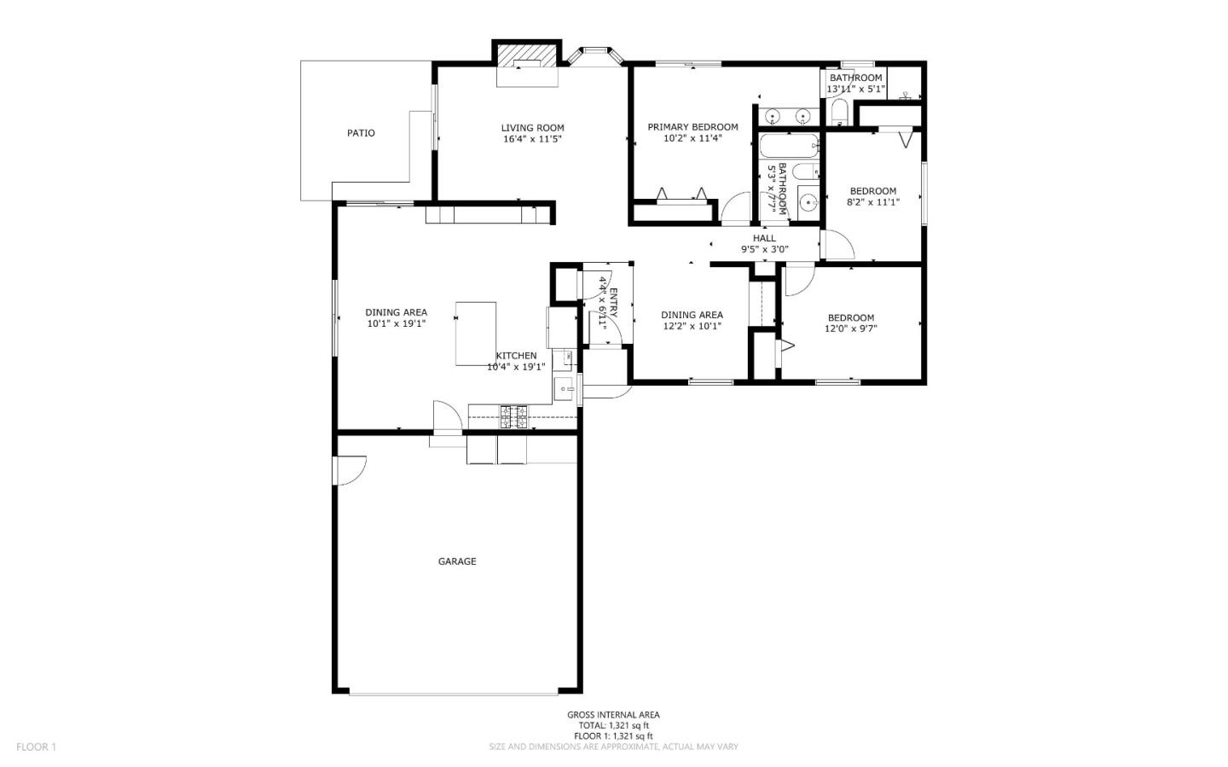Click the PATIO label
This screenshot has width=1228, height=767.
tap(361, 133)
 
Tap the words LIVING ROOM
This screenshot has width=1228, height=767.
tap(532, 128)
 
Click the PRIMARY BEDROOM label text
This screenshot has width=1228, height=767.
tap(692, 127)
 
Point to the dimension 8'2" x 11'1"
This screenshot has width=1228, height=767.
tap(872, 202)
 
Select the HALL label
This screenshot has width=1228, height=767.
tap(764, 238)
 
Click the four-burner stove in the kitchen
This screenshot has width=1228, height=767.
tap(513, 416)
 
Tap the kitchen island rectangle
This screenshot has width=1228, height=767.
tap(476, 333)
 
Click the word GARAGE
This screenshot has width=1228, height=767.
tap(457, 561)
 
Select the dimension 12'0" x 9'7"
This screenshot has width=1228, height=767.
tap(850, 328)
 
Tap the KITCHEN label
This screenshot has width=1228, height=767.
tap(517, 356)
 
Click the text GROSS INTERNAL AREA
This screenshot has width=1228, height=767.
tap(613, 715)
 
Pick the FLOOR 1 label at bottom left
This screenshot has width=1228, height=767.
tap(36, 747)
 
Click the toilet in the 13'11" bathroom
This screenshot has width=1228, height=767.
tap(838, 112)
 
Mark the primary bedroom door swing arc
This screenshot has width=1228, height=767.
tap(735, 208)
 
